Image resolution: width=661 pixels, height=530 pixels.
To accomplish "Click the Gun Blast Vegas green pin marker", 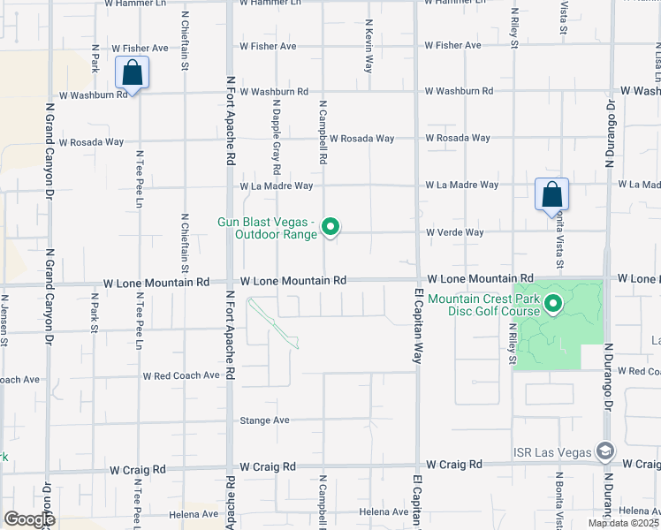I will click(x=330, y=227).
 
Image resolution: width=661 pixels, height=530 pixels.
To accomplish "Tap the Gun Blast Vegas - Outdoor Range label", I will click(x=266, y=227).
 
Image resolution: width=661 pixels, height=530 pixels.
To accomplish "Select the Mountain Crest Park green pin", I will click(x=553, y=304).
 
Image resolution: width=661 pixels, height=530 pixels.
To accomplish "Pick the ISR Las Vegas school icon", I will click(x=605, y=451).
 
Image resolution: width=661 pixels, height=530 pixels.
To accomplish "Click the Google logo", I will click(x=29, y=519).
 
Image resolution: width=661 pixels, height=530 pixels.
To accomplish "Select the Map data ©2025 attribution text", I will click(x=622, y=523).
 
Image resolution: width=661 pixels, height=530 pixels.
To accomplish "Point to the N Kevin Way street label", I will click(x=368, y=49).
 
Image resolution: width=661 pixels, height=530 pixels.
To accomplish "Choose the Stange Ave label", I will click(x=264, y=420).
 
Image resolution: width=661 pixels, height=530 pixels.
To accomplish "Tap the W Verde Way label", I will click(x=455, y=232).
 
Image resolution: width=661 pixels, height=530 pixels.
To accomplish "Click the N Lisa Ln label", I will click(x=656, y=53).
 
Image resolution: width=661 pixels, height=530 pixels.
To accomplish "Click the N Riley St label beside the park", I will click(x=513, y=343).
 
